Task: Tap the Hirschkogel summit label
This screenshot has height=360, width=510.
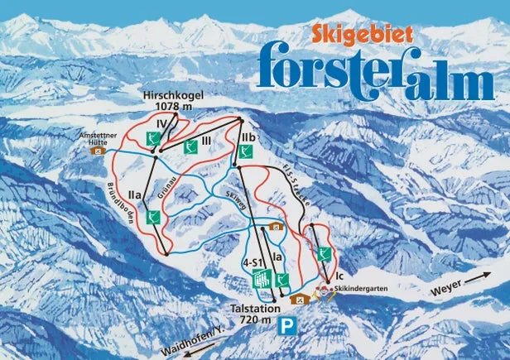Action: coord(175,95)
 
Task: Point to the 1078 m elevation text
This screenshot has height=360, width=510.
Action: coord(175,108)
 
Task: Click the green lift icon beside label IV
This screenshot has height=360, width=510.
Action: coord(153,137)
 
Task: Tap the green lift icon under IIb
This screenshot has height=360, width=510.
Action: coord(245,152)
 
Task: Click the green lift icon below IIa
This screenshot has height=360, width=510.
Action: coord(152,217)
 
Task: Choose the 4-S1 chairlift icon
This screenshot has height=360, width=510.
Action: coord(262,279)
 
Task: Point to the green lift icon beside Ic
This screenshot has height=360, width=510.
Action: coord(325,253)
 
